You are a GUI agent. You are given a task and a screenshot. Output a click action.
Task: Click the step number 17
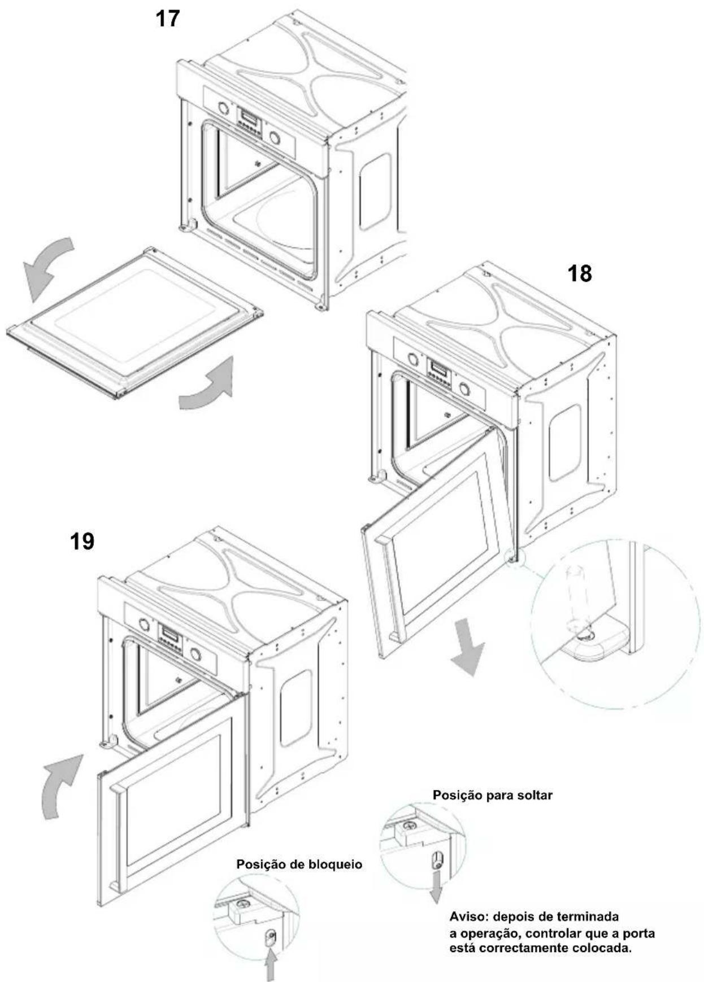(167, 19)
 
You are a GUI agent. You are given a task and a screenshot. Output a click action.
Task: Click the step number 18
(579, 274)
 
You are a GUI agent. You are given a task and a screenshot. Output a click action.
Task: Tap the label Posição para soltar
(492, 795)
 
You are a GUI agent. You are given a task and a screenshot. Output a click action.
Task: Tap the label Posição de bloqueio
(299, 865)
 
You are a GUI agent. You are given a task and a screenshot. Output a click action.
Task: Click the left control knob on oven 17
(223, 107)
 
